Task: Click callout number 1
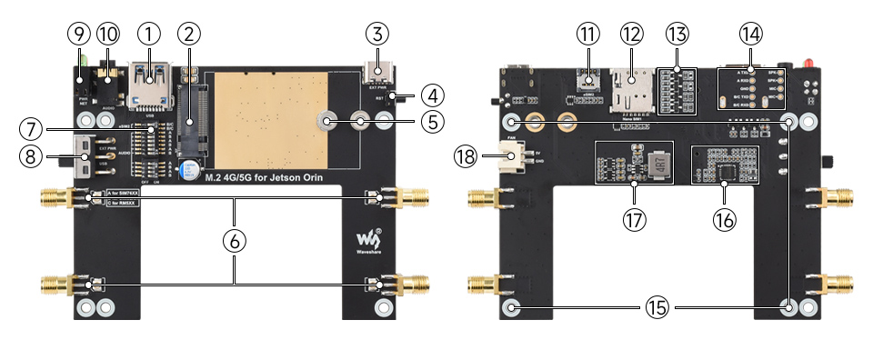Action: (x=149, y=35)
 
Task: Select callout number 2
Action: (x=189, y=35)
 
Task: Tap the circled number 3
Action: (x=377, y=35)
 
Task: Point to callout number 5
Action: (x=431, y=120)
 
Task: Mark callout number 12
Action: (x=631, y=35)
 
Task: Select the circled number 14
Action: (x=749, y=35)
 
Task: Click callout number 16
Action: (x=725, y=218)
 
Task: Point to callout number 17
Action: (x=634, y=218)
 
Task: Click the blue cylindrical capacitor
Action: (x=187, y=170)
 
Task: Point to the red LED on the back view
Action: (x=807, y=62)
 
